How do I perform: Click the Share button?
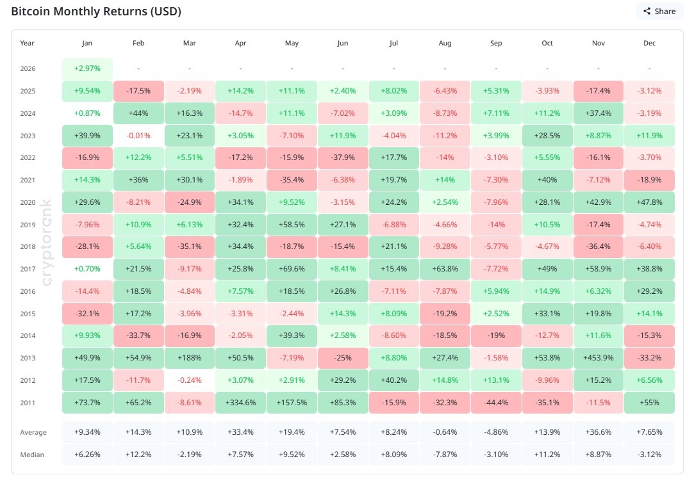[x=659, y=11]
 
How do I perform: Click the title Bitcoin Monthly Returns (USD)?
[x=96, y=12]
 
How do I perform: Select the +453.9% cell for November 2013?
[x=598, y=358]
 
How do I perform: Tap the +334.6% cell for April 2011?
[x=240, y=403]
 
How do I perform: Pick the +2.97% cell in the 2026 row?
[x=87, y=69]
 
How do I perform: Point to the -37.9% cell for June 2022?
[x=343, y=157]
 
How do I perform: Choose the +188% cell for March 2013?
[x=190, y=358]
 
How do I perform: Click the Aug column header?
[x=445, y=44]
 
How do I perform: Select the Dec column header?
[x=649, y=44]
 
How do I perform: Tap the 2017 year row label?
[x=28, y=269]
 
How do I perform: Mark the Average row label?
[x=33, y=432]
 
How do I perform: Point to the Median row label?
[x=32, y=455]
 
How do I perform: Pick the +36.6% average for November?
[x=598, y=432]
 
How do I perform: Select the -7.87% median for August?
[x=445, y=455]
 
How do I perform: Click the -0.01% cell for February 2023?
[x=138, y=135]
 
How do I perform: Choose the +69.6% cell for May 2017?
[x=292, y=269]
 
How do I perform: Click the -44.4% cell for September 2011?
[x=496, y=403]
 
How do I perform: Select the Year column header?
[x=28, y=44]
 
